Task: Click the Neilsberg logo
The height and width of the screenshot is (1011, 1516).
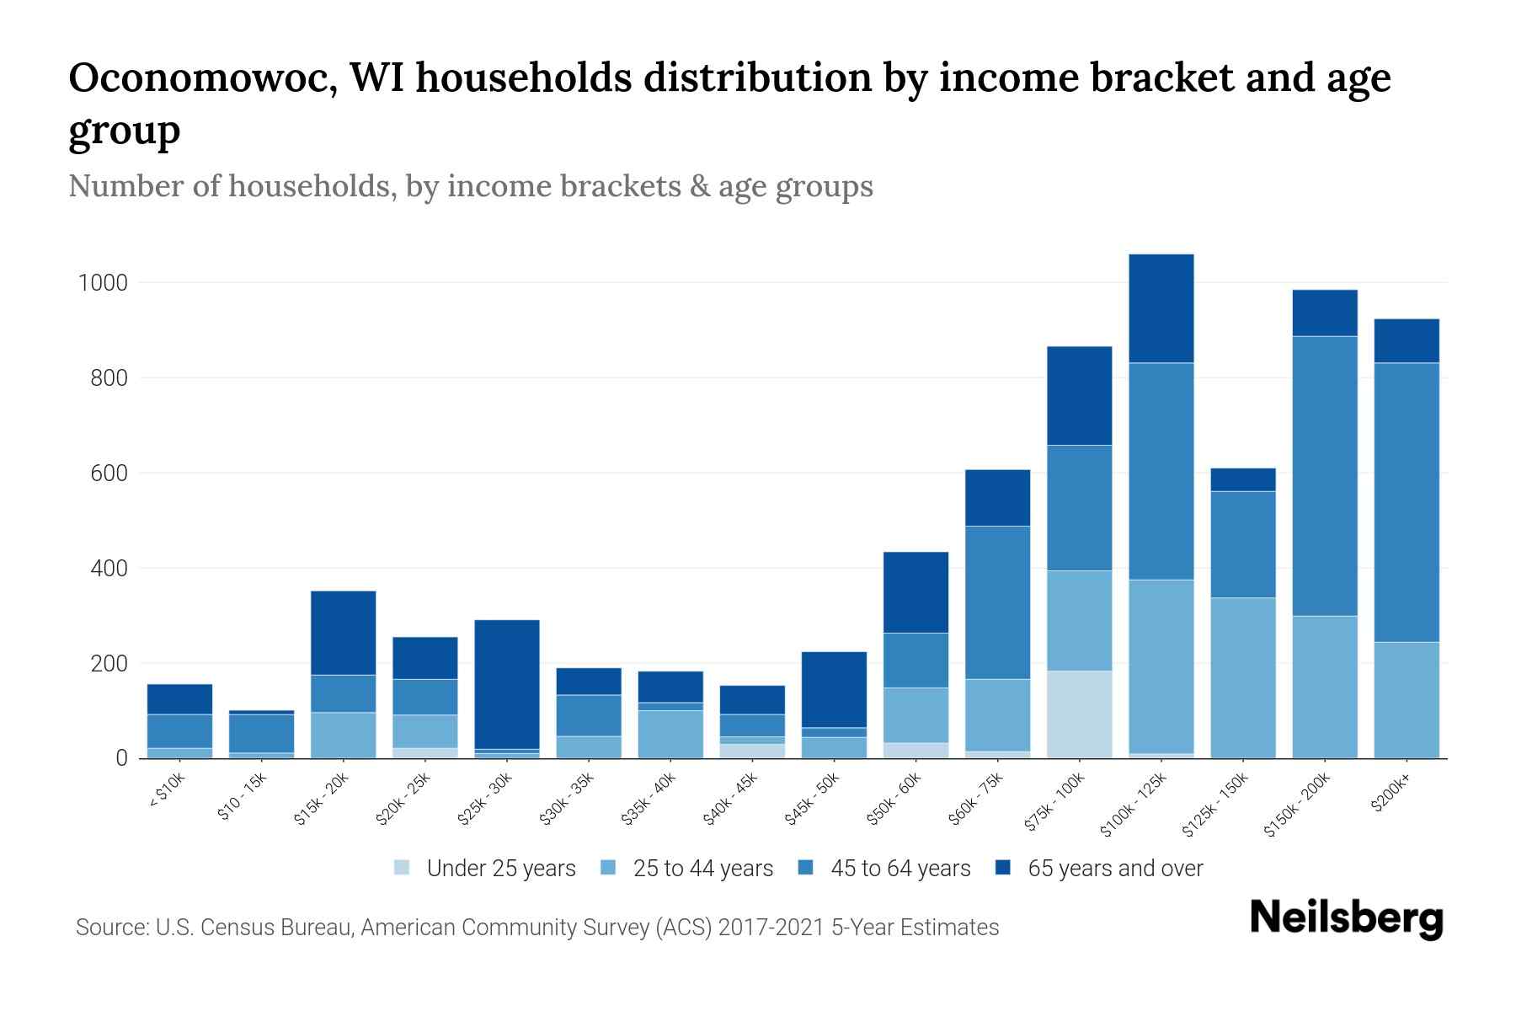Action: (1346, 918)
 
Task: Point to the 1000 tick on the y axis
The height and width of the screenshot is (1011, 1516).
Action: (103, 283)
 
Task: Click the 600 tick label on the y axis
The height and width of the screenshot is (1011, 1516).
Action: (109, 473)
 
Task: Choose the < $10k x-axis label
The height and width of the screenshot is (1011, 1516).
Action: (167, 792)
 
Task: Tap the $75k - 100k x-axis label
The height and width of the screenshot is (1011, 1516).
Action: (1054, 804)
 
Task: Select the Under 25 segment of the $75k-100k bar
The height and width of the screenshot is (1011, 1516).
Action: (1079, 714)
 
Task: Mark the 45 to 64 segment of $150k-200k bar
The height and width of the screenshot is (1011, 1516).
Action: (1325, 476)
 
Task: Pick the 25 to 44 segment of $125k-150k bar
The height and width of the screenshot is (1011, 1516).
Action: (1242, 678)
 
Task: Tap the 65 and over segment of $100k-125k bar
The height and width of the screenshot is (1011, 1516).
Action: (1161, 308)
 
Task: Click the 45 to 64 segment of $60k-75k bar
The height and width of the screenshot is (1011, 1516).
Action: (997, 602)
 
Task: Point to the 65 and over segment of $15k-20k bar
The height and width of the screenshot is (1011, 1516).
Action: (343, 633)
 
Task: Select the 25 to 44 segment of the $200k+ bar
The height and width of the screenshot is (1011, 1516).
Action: (1406, 700)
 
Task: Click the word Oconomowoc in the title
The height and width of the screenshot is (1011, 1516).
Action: (202, 78)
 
